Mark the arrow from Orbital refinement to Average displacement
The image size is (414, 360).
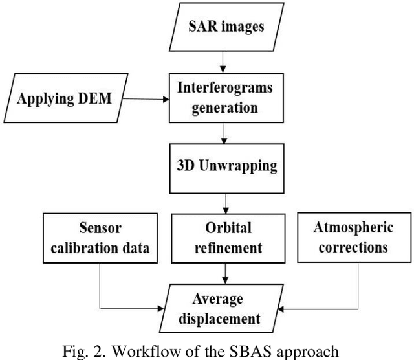pyautogui.click(x=223, y=274)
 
